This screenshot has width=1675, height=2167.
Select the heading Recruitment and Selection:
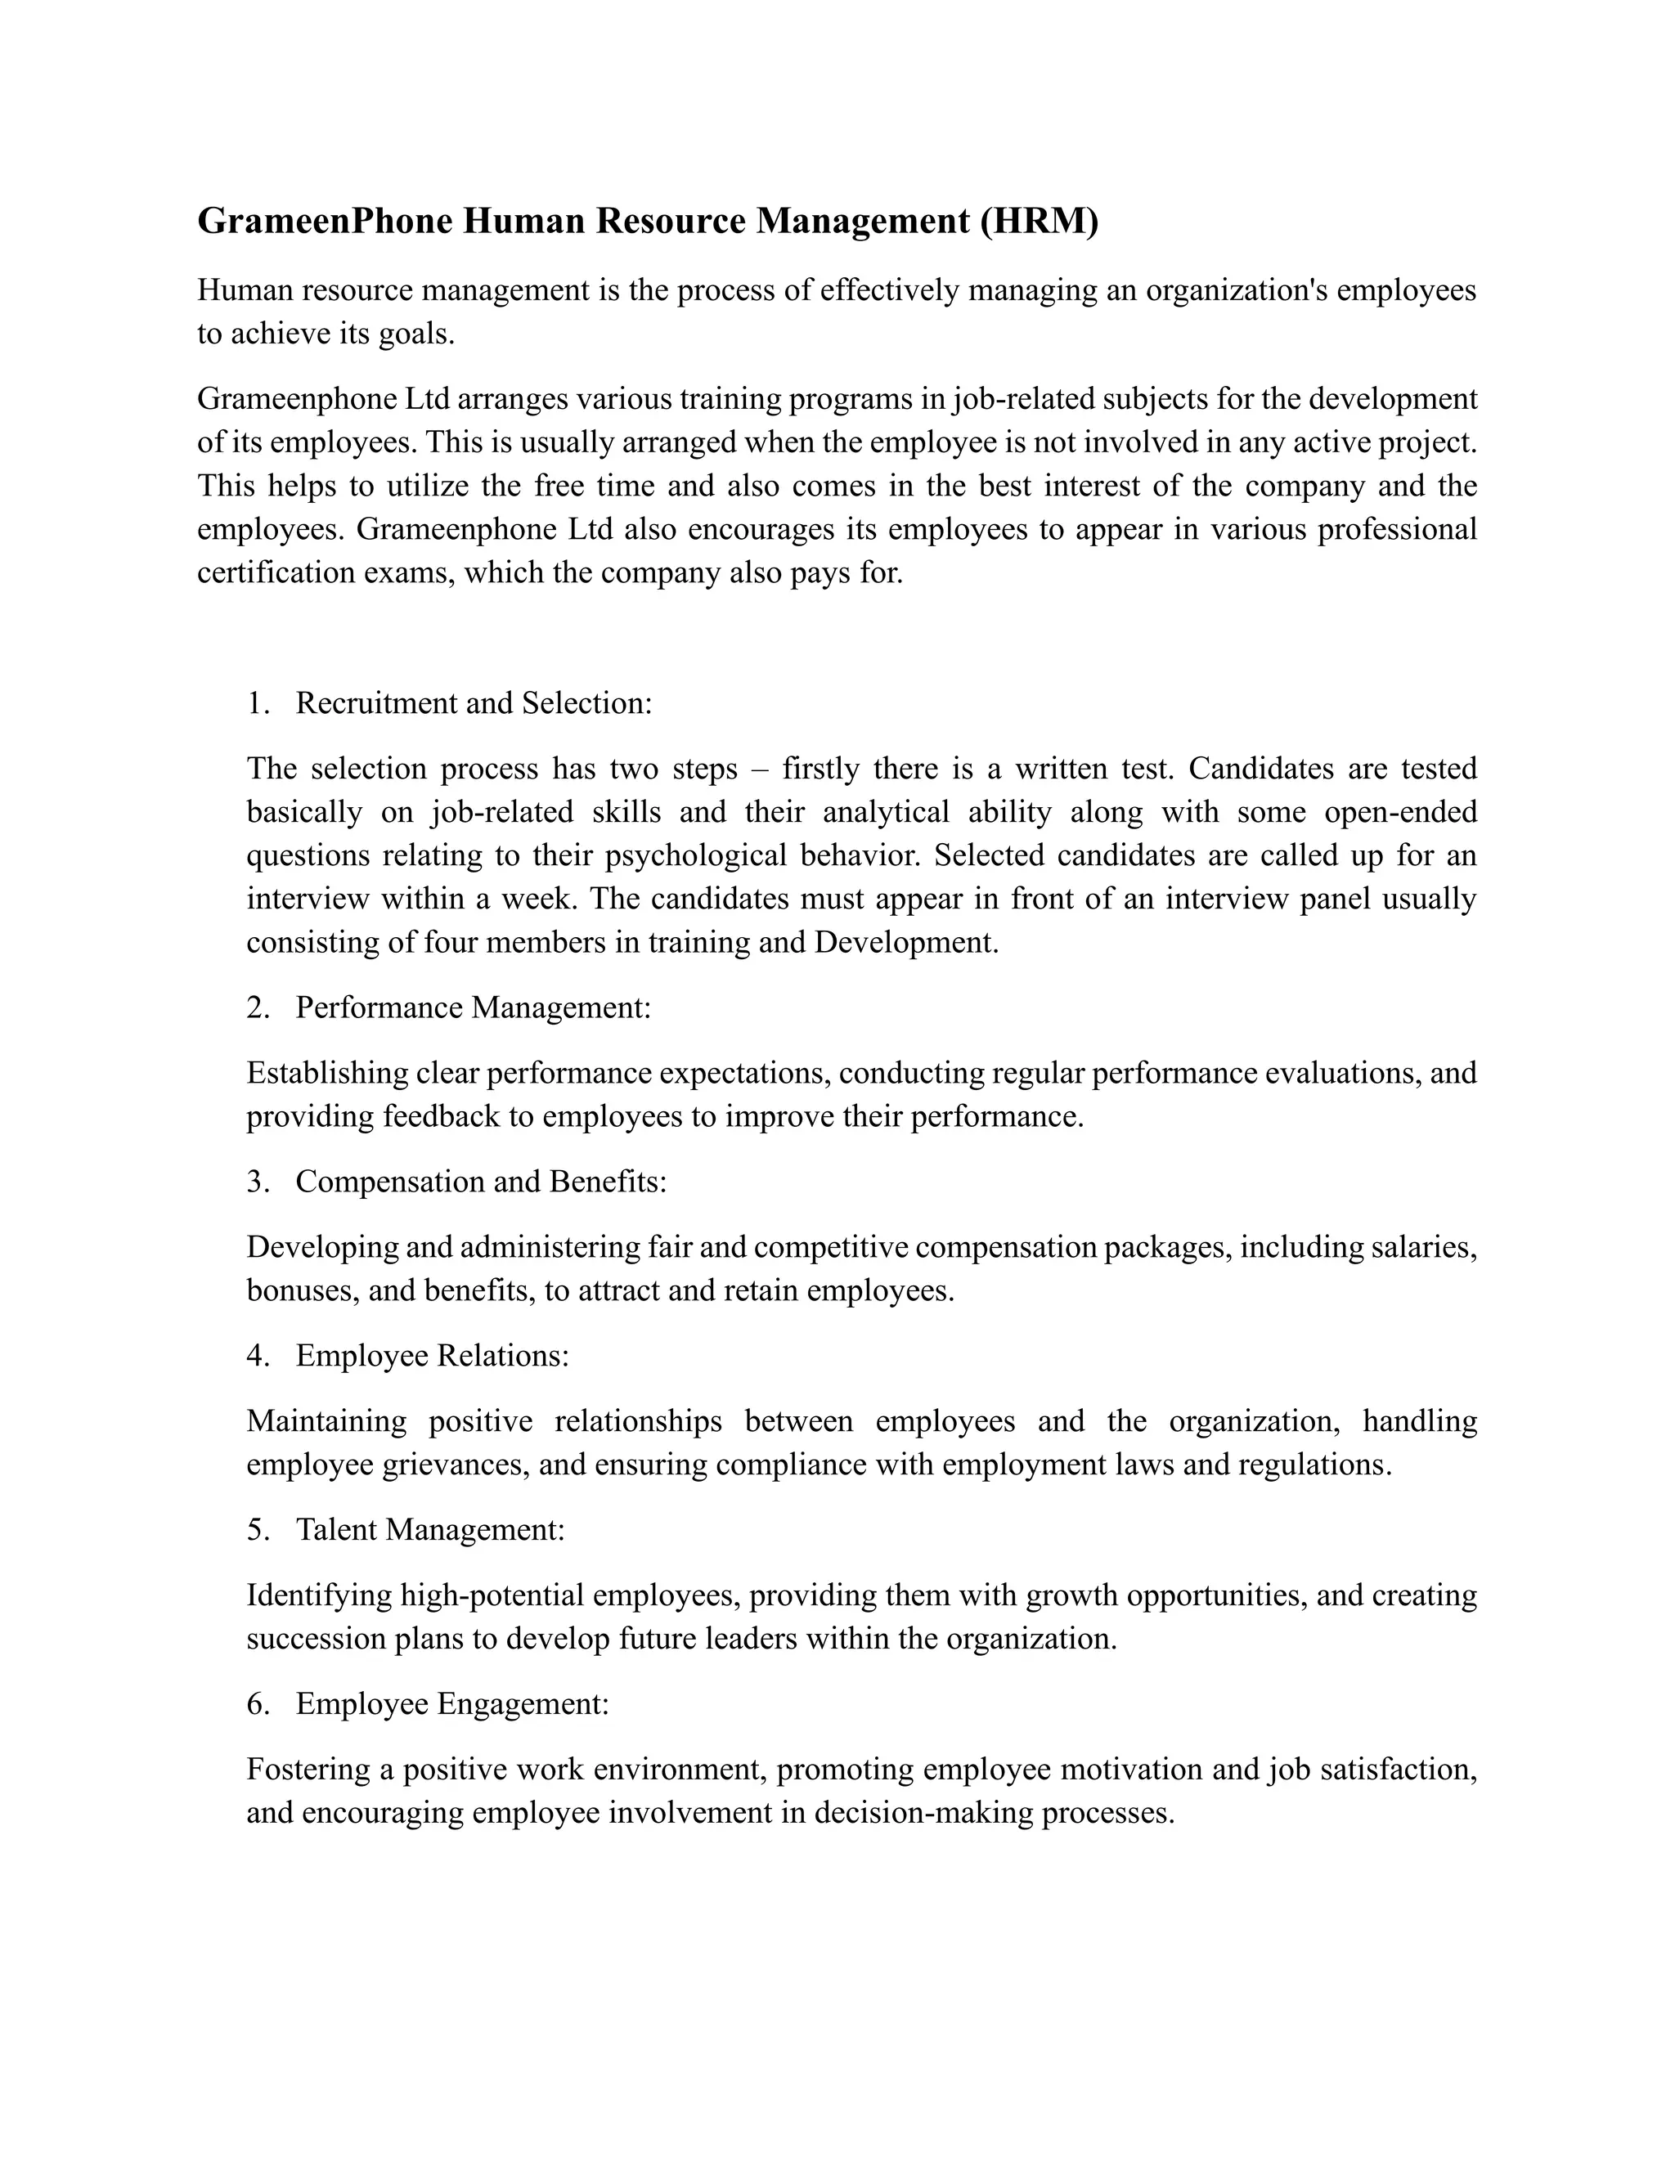(x=474, y=702)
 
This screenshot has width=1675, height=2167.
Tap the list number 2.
(x=257, y=1007)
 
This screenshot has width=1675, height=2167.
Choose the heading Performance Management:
(x=474, y=1007)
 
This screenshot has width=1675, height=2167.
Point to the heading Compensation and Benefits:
(x=481, y=1181)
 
